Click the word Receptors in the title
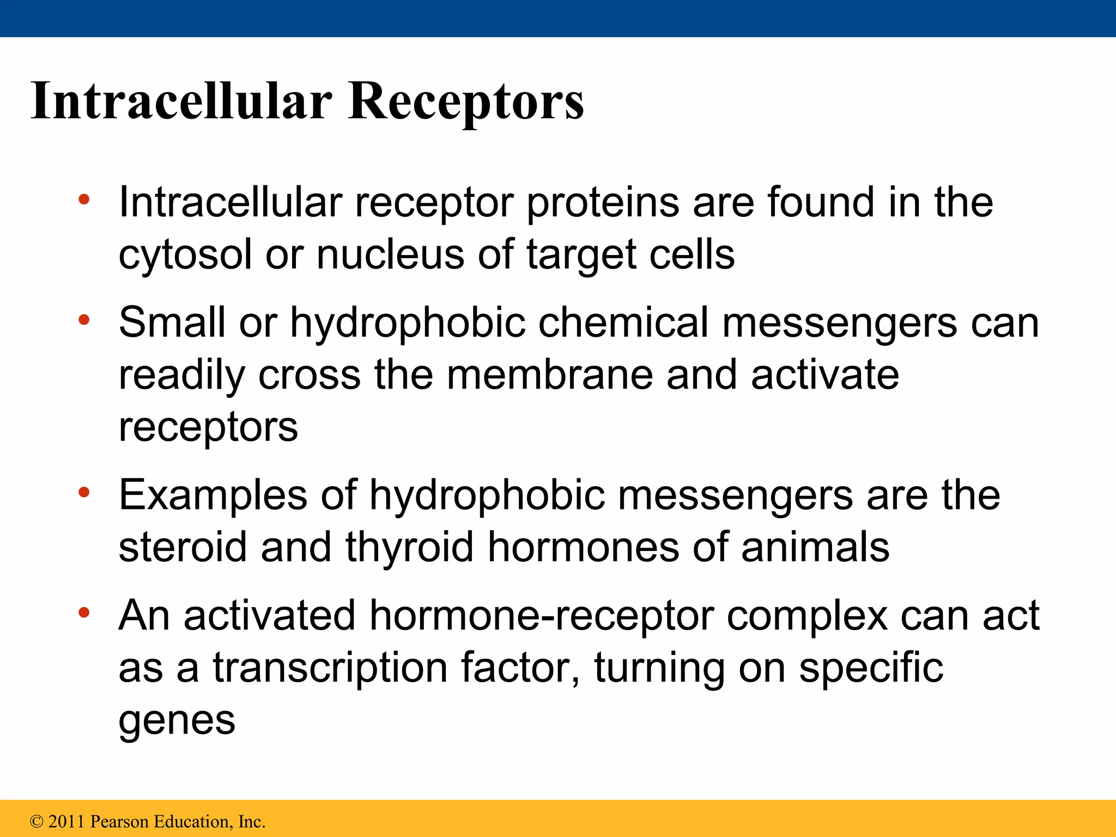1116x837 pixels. click(466, 101)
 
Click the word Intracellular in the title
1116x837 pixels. click(181, 101)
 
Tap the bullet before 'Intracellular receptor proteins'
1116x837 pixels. click(83, 199)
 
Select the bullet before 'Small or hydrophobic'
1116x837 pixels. click(83, 320)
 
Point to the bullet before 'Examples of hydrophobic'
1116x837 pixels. click(83, 493)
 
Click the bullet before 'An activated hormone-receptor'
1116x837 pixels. click(83, 614)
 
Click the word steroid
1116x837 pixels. click(183, 547)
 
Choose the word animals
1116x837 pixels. click(815, 547)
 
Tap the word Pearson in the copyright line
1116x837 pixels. click(119, 822)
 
